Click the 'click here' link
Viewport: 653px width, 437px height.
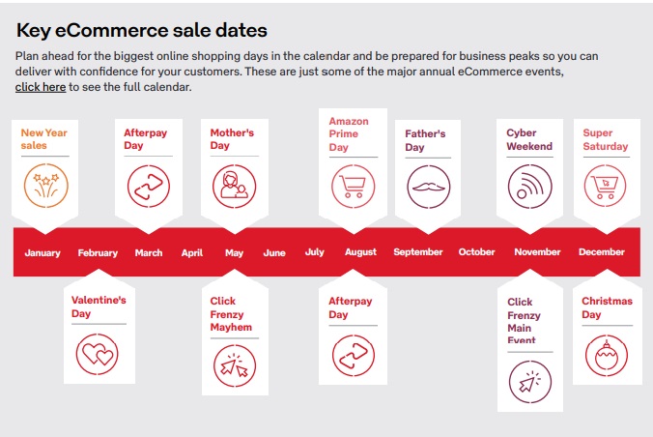[x=41, y=87]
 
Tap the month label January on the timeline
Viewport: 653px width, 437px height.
[x=43, y=252]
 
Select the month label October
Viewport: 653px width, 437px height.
[x=476, y=252]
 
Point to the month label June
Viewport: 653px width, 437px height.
[x=274, y=252]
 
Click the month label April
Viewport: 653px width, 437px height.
[x=192, y=252]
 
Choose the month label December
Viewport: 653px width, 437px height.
[x=602, y=252]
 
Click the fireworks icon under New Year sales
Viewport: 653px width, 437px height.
[x=45, y=186]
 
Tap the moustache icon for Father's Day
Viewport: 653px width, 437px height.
[x=429, y=187]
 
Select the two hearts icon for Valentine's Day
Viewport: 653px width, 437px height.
[x=97, y=354]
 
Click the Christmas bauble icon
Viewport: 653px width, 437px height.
[x=607, y=356]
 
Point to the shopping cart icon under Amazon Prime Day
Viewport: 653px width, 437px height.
[x=354, y=186]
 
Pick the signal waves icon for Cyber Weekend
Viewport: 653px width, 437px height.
[x=529, y=186]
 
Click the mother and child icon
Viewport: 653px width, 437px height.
[x=234, y=186]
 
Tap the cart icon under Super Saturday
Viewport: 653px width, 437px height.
[x=605, y=186]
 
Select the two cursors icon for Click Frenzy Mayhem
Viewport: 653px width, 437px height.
[x=235, y=365]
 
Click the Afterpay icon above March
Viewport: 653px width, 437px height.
[x=149, y=186]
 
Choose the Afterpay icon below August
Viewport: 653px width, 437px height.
[x=354, y=356]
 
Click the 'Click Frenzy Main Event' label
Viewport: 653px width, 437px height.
[x=524, y=320]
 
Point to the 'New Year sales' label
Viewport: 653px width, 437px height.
[x=43, y=139]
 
